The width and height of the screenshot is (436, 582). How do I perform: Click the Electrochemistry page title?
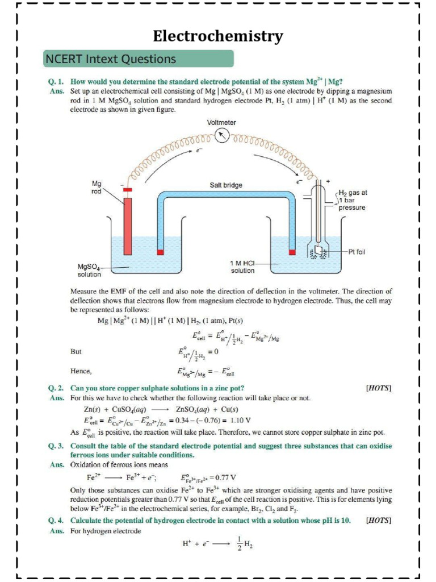pyautogui.click(x=218, y=37)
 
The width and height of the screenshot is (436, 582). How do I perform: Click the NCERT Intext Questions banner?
pyautogui.click(x=139, y=59)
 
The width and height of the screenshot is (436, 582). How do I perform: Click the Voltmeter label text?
pyautogui.click(x=222, y=122)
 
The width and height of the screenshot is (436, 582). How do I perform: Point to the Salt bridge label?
pyautogui.click(x=226, y=185)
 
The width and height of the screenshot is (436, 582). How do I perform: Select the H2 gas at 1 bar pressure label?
pyautogui.click(x=353, y=200)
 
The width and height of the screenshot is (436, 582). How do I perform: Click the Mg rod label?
pyautogui.click(x=97, y=187)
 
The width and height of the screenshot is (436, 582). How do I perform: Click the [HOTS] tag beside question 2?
pyautogui.click(x=379, y=388)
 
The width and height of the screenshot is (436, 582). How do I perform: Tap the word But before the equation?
pyautogui.click(x=76, y=351)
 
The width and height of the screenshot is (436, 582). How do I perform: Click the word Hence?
pyautogui.click(x=81, y=371)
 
